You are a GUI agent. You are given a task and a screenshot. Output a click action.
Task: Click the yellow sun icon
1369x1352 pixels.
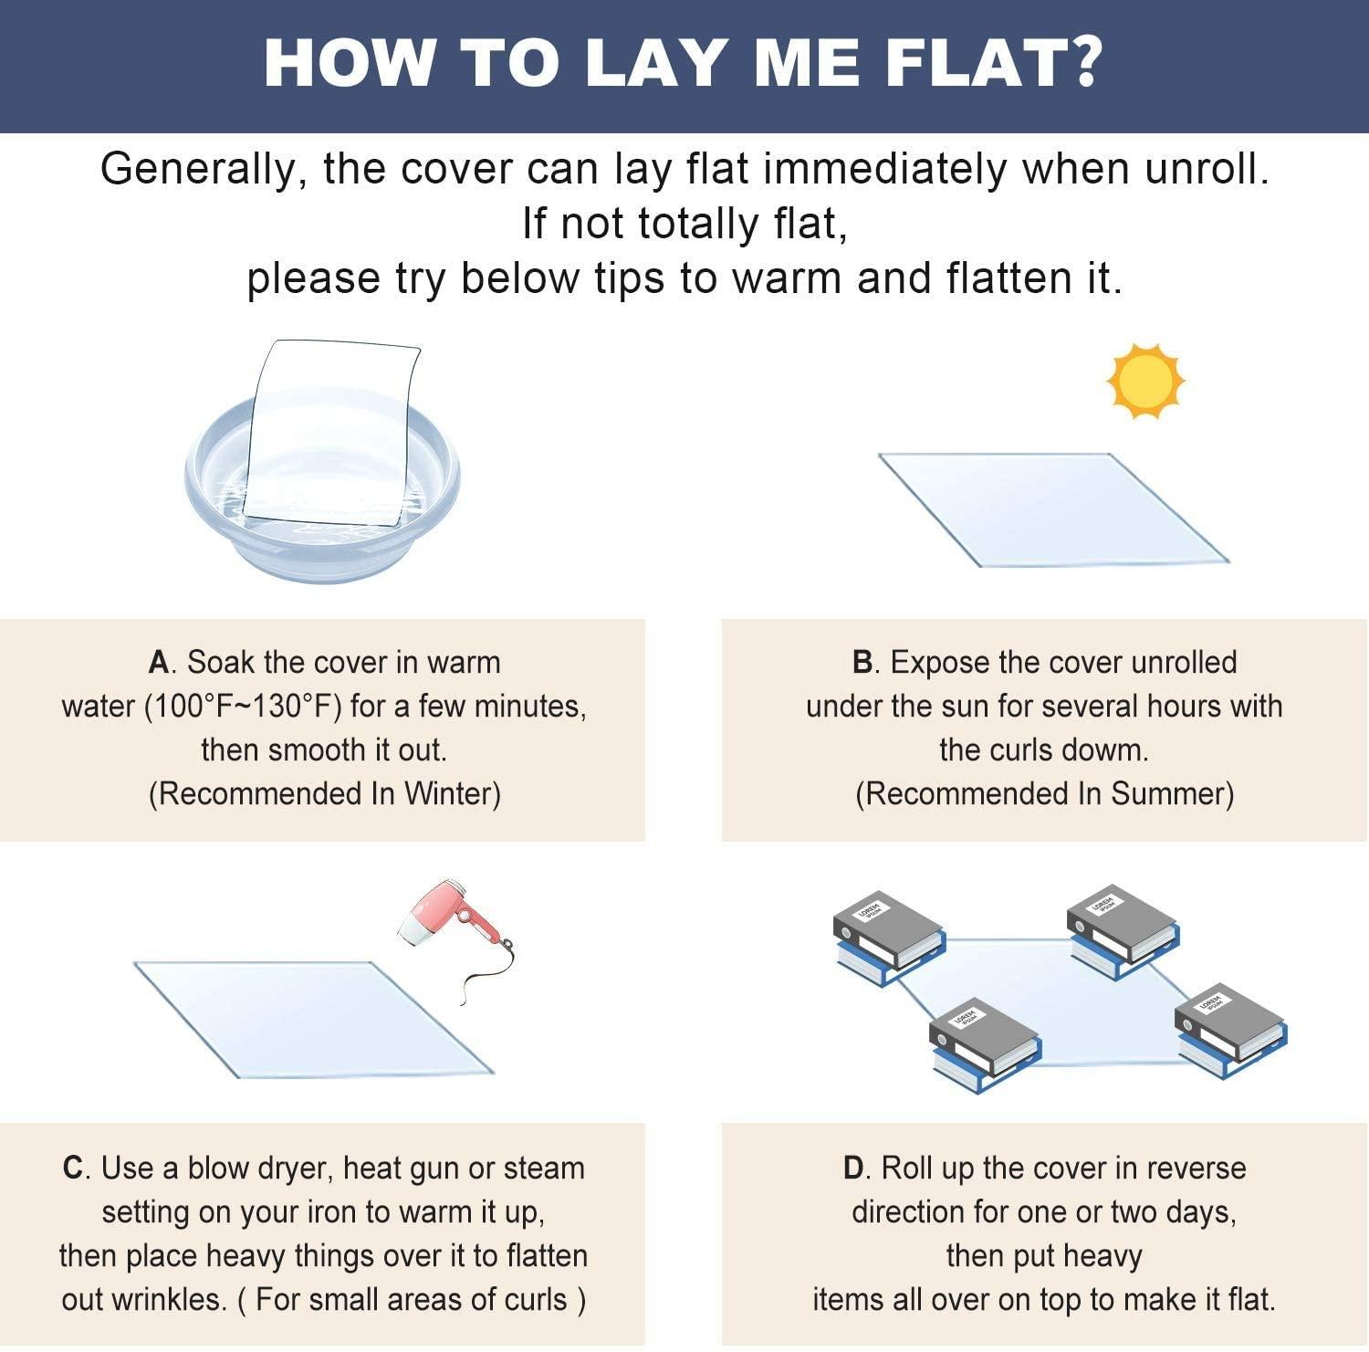[x=1145, y=382]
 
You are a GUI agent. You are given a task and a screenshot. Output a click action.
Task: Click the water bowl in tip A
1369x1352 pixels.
[x=322, y=511]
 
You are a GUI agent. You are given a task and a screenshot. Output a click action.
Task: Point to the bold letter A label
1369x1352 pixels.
[x=159, y=663]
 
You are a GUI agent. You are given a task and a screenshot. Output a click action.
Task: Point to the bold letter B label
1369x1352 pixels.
[x=862, y=663]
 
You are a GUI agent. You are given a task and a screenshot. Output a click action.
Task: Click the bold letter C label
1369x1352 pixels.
[x=73, y=1169]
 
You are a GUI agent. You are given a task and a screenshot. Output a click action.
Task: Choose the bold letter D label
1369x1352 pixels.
[x=853, y=1169]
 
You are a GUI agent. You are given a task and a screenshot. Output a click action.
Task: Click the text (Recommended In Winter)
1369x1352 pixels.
[x=324, y=794]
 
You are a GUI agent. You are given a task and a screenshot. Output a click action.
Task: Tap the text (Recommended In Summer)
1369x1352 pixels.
[x=1044, y=794]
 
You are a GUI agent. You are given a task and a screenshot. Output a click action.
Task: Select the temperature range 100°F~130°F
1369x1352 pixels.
[x=244, y=707]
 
